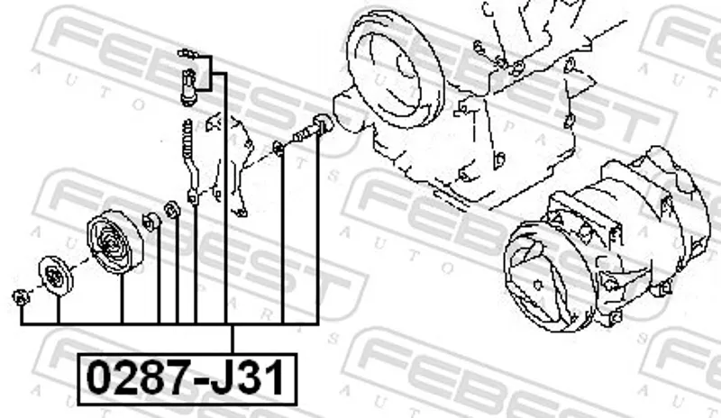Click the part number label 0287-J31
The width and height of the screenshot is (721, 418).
pyautogui.click(x=186, y=378)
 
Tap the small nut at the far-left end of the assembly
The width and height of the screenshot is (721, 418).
pyautogui.click(x=20, y=297)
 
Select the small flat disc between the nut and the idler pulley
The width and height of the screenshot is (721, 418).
pyautogui.click(x=56, y=276)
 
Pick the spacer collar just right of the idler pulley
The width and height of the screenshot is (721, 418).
pyautogui.click(x=151, y=222)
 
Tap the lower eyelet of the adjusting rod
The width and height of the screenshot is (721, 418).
pyautogui.click(x=193, y=197)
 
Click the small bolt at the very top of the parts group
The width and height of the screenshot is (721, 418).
pyautogui.click(x=188, y=54)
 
